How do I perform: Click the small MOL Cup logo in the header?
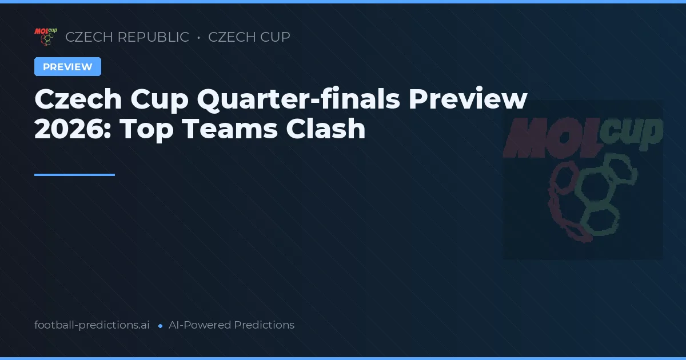click(45, 37)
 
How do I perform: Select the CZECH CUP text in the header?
click(249, 37)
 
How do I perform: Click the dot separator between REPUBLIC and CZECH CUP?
click(198, 38)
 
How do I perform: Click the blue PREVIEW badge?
click(67, 67)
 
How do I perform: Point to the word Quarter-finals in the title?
click(297, 99)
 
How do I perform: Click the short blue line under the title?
click(74, 175)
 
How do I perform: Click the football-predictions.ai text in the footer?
click(92, 325)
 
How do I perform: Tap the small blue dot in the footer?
click(160, 326)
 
